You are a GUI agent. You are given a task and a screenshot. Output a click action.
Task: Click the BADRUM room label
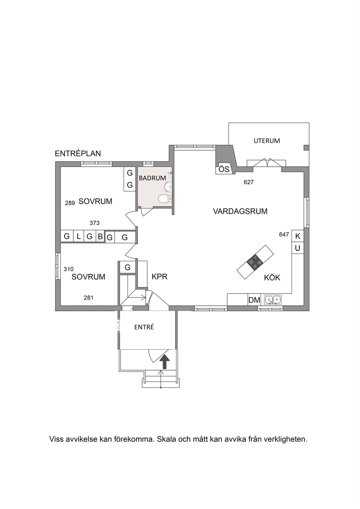point(152,178)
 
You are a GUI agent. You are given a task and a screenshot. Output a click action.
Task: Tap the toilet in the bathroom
point(165,198)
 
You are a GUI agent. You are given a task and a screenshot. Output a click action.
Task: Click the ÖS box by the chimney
point(224,169)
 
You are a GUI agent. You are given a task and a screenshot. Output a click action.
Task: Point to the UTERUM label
point(267,141)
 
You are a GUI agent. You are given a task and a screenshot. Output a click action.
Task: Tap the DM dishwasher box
point(254,300)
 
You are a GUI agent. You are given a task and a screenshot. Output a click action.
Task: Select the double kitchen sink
point(273,300)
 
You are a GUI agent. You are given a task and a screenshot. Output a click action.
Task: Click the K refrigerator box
point(298,236)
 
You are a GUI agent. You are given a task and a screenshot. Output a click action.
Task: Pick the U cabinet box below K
point(298,248)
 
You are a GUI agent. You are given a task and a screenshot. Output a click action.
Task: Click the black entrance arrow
point(164,362)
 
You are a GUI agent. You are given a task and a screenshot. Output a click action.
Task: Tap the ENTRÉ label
point(144,327)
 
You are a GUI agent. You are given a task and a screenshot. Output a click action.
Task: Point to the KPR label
point(160,276)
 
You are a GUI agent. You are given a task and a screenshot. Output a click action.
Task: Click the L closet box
point(79,236)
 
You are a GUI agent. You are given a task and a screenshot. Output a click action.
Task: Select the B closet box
point(100,236)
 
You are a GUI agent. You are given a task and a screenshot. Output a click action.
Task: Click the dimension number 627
point(249,182)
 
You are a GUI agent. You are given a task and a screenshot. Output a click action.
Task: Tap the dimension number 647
point(284,234)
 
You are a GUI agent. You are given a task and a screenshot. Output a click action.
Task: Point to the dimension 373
point(95,223)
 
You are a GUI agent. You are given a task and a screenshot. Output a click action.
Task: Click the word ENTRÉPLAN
point(78,153)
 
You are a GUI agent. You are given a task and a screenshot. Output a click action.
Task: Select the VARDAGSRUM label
point(240,211)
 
